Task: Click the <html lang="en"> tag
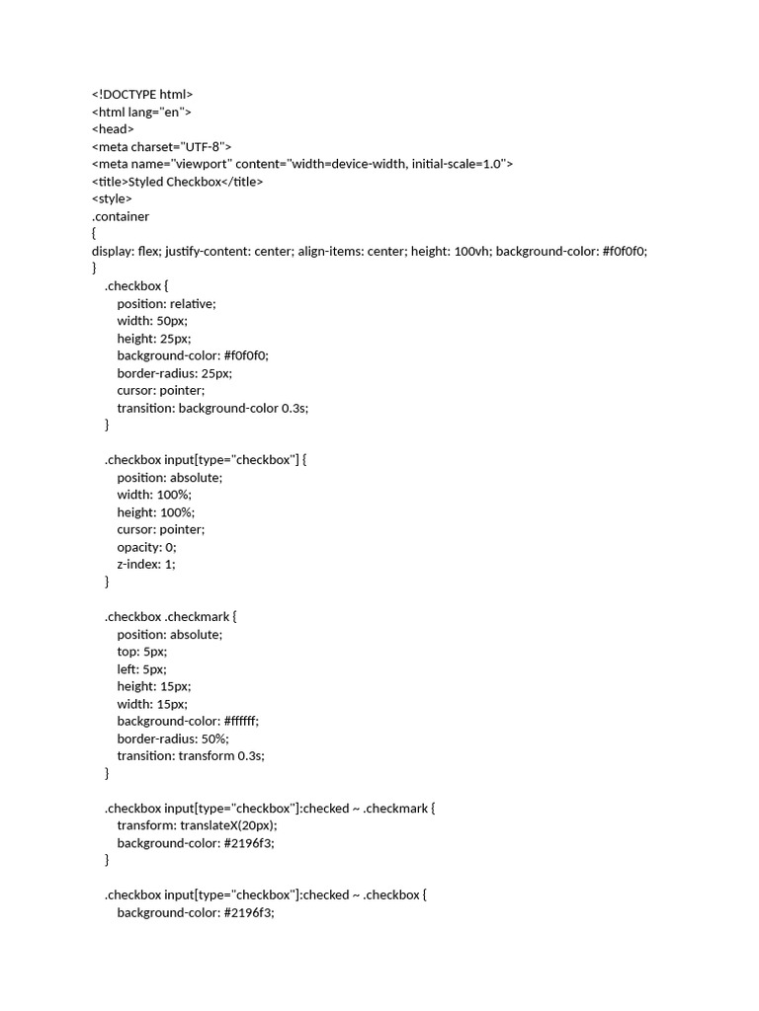141,112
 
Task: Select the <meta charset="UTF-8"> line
161,146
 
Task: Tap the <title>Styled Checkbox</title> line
177,182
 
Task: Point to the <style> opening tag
112,198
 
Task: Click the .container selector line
121,216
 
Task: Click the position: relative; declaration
166,303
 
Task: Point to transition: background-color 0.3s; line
212,408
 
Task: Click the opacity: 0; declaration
146,547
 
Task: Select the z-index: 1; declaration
145,564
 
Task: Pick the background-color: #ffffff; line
188,721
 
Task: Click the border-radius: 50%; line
173,739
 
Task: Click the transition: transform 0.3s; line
191,755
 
